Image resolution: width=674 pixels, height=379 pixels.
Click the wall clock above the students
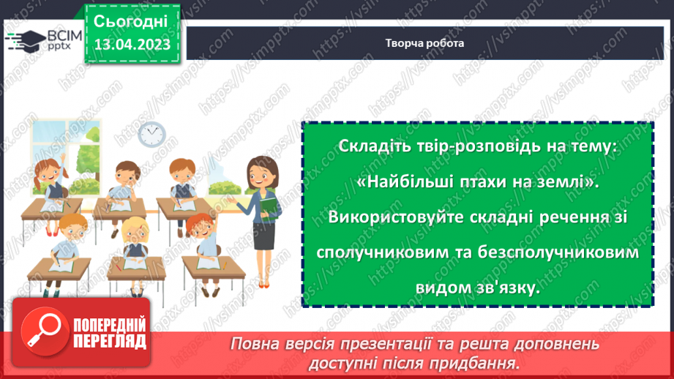(151, 133)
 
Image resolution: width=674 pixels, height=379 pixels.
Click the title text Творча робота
(424, 42)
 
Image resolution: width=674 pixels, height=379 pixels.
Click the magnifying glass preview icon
(42, 333)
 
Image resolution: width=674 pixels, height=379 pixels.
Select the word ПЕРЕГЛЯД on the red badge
(108, 341)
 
